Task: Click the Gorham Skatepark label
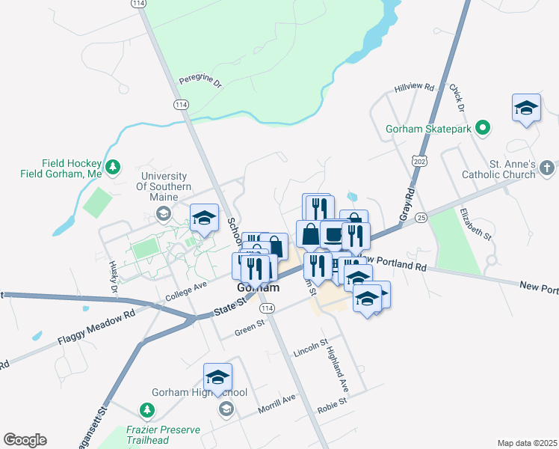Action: [x=430, y=129]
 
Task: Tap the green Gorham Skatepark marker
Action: [x=483, y=128]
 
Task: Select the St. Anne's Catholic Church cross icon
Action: [x=547, y=167]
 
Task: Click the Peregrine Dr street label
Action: [x=201, y=83]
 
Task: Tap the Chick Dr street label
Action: [x=457, y=98]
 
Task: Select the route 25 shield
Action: [x=422, y=217]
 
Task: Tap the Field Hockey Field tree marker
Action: [x=113, y=166]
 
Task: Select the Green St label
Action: [x=250, y=326]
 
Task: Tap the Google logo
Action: [x=25, y=440]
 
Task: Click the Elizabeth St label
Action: [x=475, y=224]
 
